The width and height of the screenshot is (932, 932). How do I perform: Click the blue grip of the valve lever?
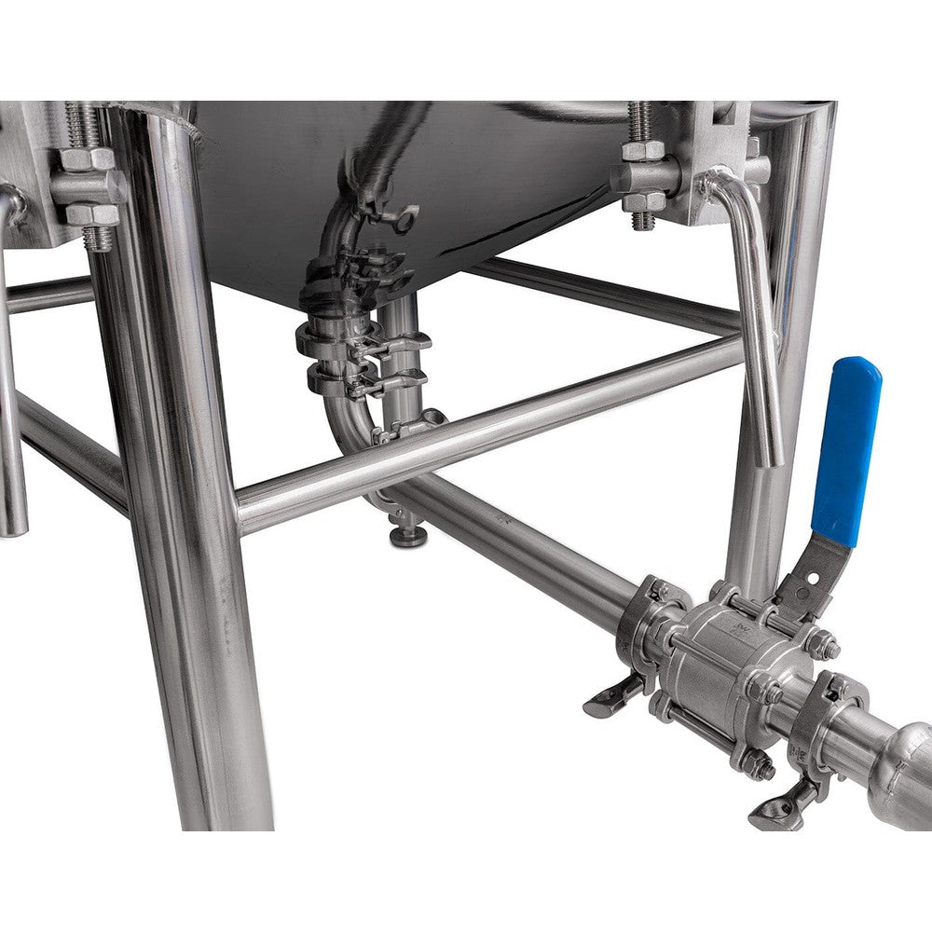coord(846,447)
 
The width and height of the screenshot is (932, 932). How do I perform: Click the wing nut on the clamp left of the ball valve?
coord(610,698)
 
